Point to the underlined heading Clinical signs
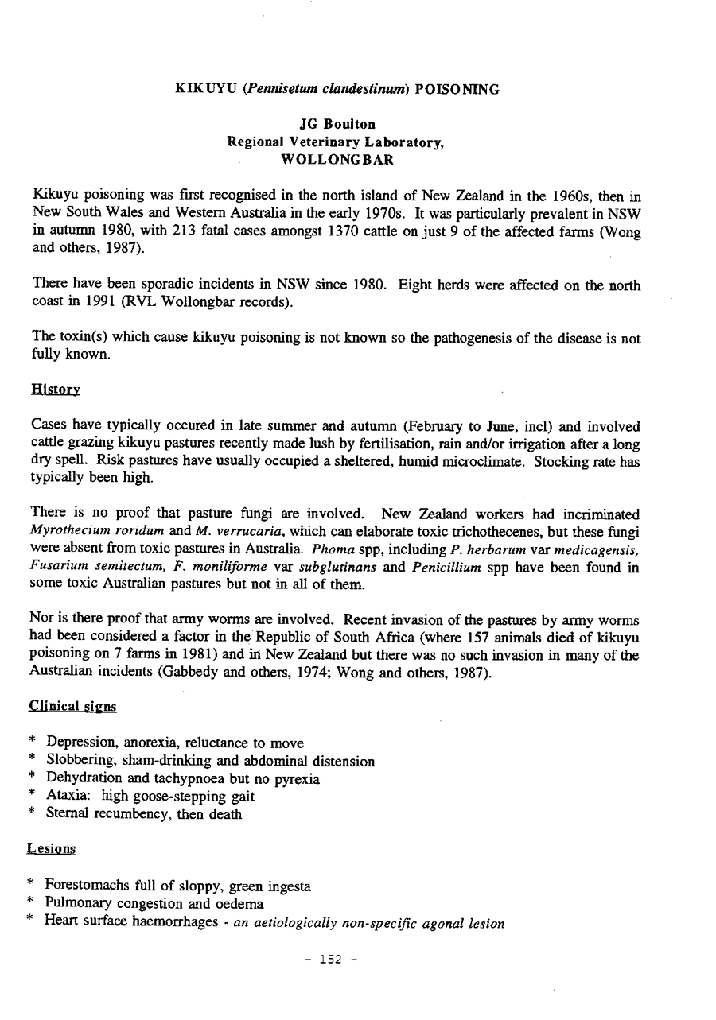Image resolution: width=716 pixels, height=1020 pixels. tap(72, 705)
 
